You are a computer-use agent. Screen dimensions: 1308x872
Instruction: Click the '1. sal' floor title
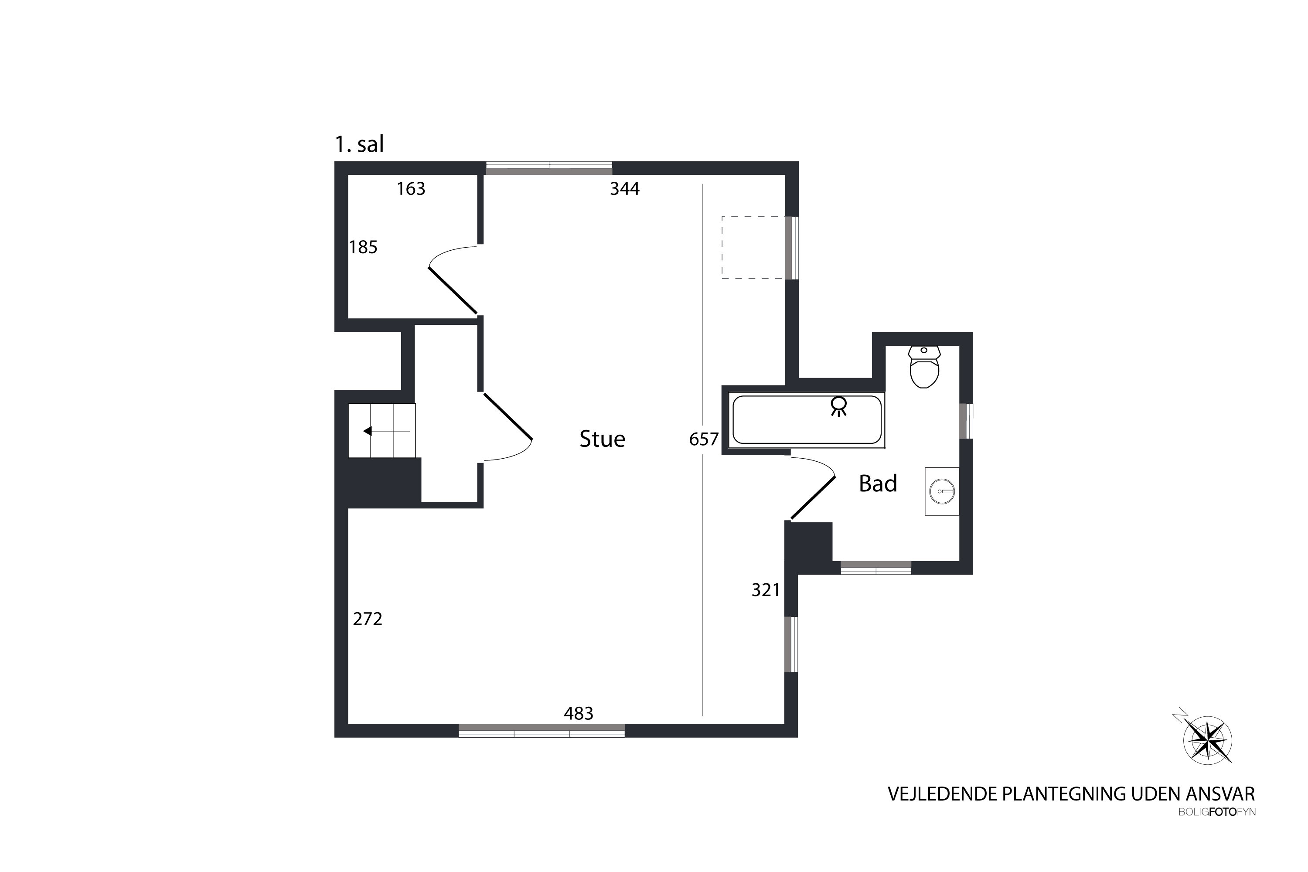[359, 145]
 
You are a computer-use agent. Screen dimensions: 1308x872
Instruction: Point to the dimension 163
[411, 189]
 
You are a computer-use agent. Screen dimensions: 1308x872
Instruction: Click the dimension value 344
[624, 189]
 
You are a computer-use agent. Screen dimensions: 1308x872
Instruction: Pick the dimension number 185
[363, 247]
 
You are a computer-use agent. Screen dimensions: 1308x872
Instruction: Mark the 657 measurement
[704, 440]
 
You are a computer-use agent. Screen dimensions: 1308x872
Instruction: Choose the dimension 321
[766, 590]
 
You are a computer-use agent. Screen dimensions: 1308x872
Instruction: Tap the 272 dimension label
[368, 619]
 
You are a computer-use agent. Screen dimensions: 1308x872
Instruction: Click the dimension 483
[579, 713]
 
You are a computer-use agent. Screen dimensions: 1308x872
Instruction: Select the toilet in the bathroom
[924, 367]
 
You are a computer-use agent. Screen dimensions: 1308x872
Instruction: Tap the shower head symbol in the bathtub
[838, 406]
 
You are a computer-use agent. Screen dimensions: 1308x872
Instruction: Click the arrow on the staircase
[386, 431]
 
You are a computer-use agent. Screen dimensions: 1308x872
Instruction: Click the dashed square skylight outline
[753, 248]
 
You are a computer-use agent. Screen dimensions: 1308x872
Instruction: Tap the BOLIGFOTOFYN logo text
[1217, 812]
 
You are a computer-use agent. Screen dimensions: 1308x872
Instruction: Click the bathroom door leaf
[813, 498]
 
